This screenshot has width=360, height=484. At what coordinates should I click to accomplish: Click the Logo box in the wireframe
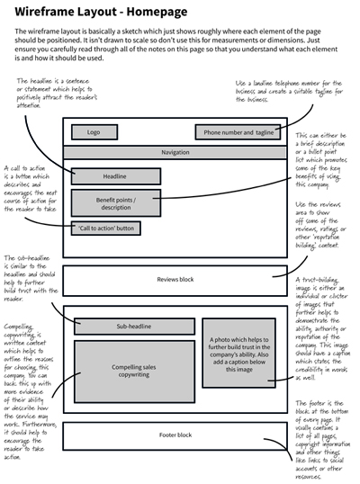point(94,132)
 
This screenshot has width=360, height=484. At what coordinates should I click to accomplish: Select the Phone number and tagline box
point(237,132)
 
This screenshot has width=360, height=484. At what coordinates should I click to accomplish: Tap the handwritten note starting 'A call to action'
point(32,190)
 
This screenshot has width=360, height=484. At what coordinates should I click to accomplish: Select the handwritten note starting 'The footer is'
point(325,432)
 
